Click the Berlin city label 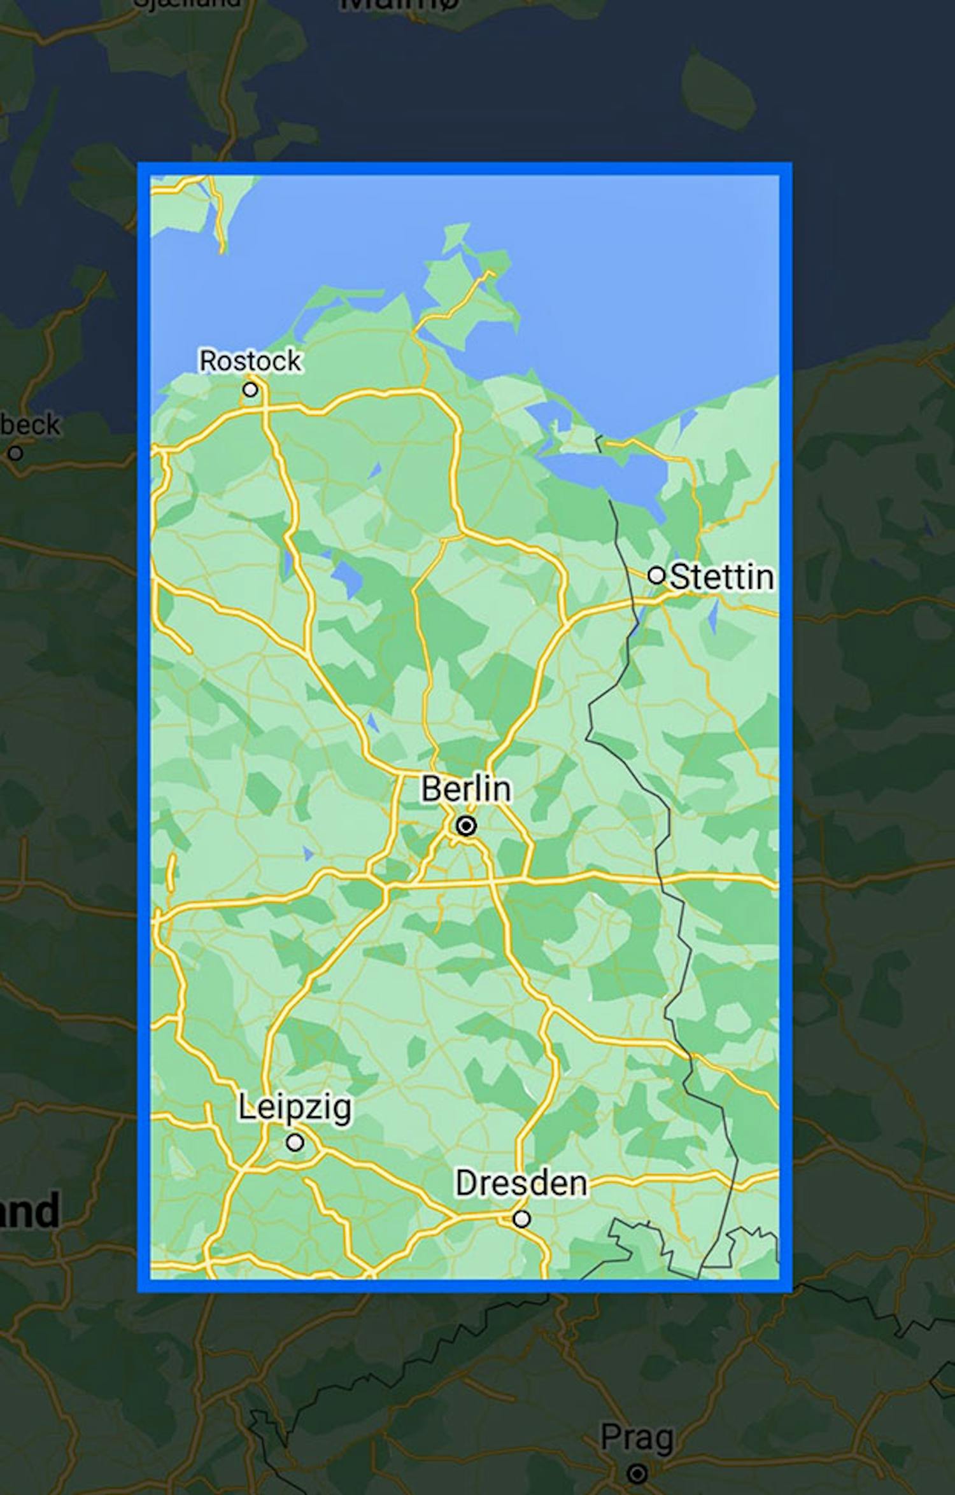click(465, 789)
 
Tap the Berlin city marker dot click(466, 826)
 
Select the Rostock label click(250, 361)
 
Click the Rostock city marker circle click(250, 389)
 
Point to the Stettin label click(722, 577)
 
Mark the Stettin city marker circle click(656, 575)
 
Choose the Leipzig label click(294, 1107)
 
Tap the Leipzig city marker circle click(294, 1142)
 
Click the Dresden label click(521, 1183)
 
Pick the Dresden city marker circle click(522, 1219)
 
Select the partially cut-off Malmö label click(399, 5)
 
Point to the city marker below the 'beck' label click(15, 453)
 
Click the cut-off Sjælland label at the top click(188, 3)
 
